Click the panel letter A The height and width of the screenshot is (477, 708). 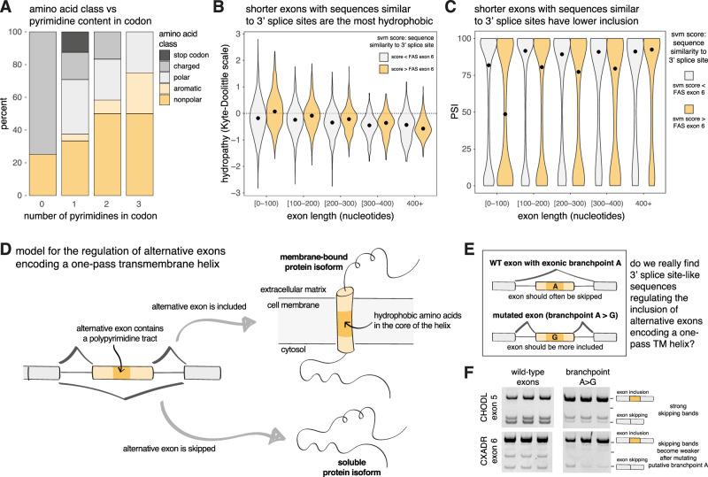(x=7, y=8)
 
